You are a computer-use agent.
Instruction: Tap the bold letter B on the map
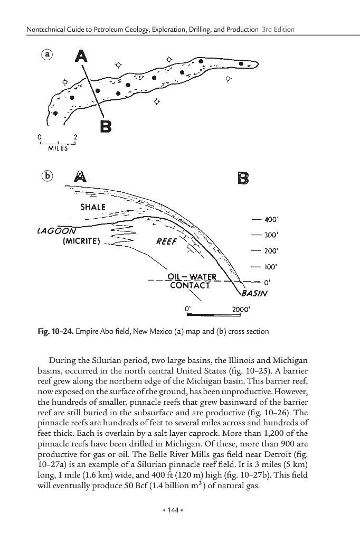point(106,126)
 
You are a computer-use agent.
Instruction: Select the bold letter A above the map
point(81,55)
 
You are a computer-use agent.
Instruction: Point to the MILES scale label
point(58,148)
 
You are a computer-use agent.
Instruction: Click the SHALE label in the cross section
point(93,207)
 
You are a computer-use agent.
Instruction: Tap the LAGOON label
point(58,231)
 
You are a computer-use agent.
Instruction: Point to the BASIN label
point(255,294)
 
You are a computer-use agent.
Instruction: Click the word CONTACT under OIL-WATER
point(190,286)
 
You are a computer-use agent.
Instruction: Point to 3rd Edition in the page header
point(278,29)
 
